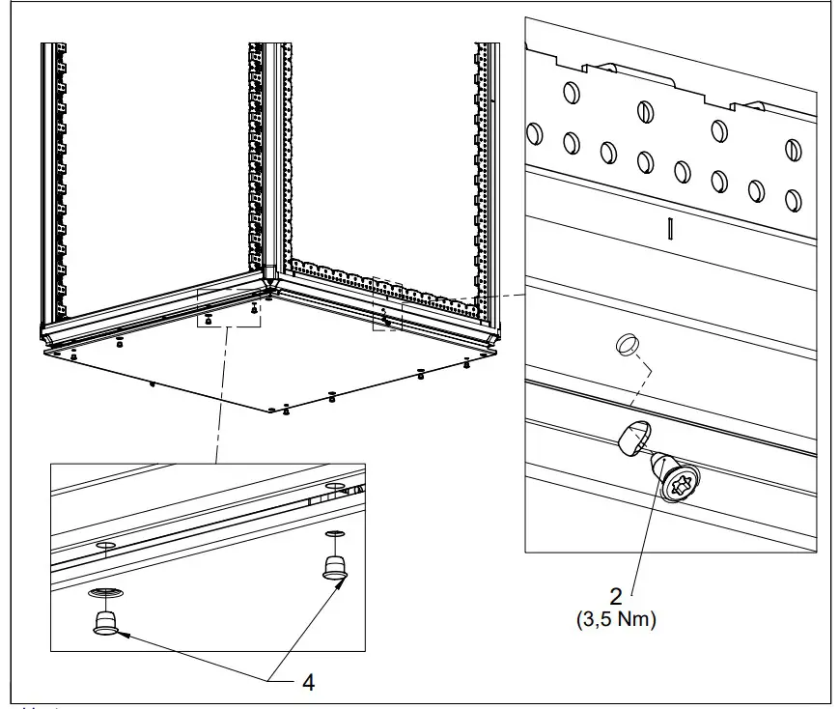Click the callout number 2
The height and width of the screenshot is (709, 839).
click(616, 596)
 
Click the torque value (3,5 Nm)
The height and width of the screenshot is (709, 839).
click(616, 619)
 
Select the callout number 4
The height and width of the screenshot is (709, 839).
click(309, 682)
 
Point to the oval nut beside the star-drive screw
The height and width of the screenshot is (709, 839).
click(634, 437)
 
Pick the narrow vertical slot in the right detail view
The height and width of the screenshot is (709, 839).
click(669, 228)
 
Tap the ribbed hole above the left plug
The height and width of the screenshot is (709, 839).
click(105, 592)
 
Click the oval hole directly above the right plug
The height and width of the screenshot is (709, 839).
click(335, 533)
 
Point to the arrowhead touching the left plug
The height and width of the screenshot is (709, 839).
click(123, 635)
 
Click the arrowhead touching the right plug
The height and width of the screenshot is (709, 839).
click(338, 583)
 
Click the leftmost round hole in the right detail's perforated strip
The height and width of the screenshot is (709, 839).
click(535, 134)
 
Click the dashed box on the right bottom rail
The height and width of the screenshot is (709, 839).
click(387, 303)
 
